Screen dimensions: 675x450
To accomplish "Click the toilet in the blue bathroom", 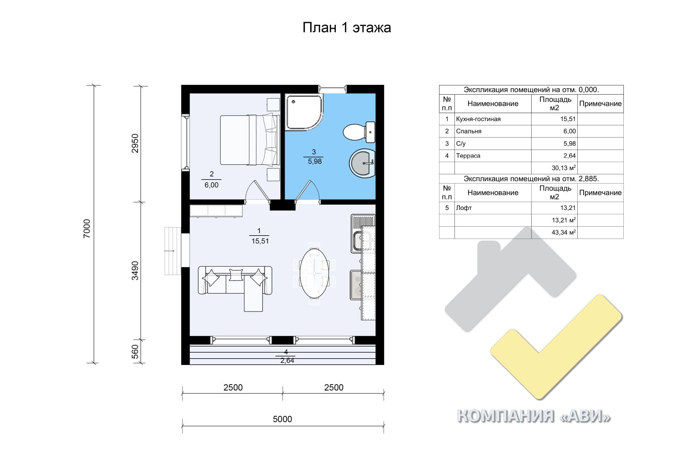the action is (359, 132).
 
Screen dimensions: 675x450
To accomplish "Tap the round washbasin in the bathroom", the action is (362, 163).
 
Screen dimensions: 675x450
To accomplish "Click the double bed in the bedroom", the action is (250, 140).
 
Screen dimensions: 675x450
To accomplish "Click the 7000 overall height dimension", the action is (87, 229).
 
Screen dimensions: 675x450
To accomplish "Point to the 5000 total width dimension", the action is (282, 419).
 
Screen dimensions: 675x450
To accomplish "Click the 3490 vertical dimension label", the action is (135, 271).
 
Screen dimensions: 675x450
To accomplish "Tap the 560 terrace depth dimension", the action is (135, 352).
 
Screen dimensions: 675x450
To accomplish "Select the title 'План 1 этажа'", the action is (347, 27).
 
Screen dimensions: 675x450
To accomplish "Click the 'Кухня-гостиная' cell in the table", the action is (478, 119).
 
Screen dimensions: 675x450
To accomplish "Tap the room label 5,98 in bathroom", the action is (315, 161).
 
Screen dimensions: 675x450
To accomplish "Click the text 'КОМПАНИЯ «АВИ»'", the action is (534, 416).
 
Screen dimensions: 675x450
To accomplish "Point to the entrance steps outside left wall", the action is (173, 251).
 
